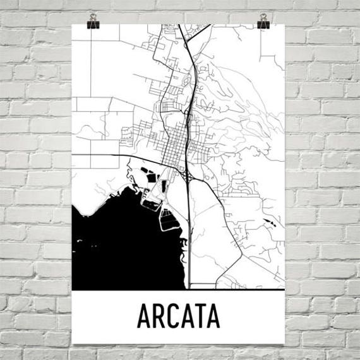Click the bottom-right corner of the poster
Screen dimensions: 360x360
285,342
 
